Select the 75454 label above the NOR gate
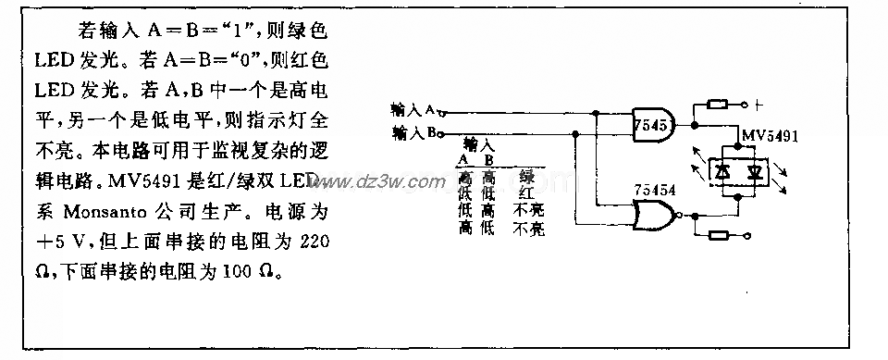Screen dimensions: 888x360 (x=654, y=191)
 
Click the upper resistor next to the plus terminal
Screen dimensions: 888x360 (x=719, y=104)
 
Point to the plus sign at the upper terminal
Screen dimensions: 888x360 (x=757, y=104)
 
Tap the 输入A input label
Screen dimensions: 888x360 (x=414, y=109)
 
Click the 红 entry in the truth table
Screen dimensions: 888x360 (x=527, y=192)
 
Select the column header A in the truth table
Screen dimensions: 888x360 (x=463, y=160)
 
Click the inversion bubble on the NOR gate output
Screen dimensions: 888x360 (x=683, y=217)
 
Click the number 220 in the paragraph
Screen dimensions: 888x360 (x=312, y=242)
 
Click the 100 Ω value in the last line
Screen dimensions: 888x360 (x=258, y=274)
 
